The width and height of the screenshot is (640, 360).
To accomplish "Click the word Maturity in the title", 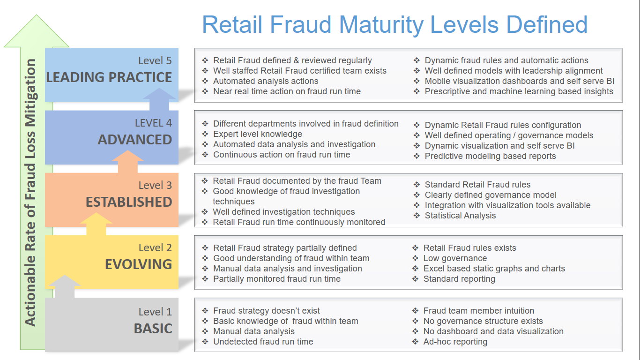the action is coord(381,25).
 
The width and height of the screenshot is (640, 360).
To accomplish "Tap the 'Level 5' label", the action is coord(155,60).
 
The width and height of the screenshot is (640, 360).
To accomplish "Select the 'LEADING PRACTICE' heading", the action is coord(109,77).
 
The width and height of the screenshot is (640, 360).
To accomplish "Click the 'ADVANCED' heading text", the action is coord(135,140).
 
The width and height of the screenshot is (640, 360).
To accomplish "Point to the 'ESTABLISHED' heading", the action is coord(129,202).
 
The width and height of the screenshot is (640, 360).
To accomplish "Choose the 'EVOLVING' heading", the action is coord(139,264).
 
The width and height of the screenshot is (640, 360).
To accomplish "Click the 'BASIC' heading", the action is coord(153,328).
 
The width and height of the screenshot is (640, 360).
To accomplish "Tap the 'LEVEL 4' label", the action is coord(153,123).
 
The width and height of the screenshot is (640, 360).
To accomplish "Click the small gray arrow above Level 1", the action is coord(65,286).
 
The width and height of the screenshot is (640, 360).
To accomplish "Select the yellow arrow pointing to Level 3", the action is coord(97,224).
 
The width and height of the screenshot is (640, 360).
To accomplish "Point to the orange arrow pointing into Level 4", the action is coord(128,162).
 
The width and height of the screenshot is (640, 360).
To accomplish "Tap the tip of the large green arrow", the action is coord(37,15).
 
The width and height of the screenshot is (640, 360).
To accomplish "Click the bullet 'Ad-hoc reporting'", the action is coord(455,342).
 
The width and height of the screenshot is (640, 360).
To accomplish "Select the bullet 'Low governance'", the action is coord(455,258).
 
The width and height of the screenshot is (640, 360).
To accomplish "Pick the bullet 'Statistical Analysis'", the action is coord(460,216).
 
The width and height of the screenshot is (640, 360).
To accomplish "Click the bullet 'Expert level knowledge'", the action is coord(258,134).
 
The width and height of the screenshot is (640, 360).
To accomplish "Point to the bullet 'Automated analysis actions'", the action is coord(266,81).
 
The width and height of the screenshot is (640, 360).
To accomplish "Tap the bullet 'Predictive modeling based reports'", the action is coord(490,156).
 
